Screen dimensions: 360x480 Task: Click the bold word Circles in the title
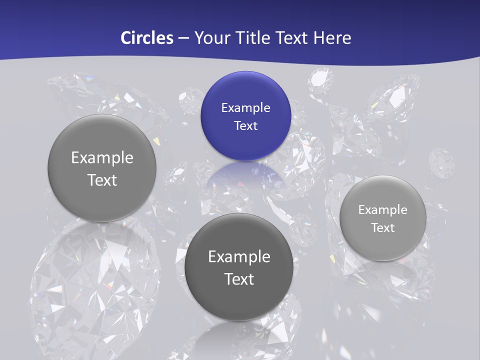146,38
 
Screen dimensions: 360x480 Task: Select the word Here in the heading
332,38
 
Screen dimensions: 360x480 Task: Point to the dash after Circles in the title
183,38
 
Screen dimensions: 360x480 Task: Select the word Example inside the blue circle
245,107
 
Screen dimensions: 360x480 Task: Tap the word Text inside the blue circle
245,125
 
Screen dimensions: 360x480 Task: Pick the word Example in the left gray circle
102,158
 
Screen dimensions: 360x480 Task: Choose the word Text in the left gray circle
102,180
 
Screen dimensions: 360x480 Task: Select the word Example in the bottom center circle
239,257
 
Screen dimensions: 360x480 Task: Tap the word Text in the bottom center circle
239,279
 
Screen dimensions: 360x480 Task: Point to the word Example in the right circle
382,210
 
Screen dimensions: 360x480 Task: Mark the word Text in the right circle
382,228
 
